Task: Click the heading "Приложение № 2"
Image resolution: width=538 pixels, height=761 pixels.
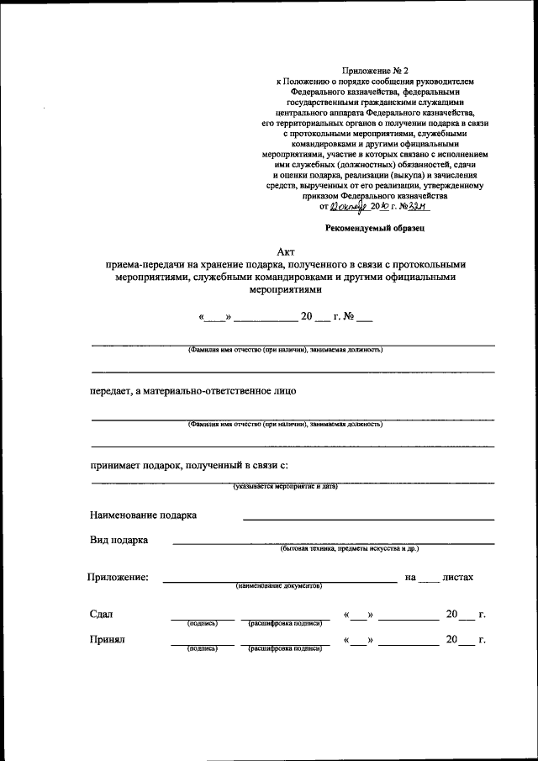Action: pos(375,71)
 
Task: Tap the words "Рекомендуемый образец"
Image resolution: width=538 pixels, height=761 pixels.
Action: pos(376,227)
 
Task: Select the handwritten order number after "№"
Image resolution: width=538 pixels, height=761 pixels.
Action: pos(418,203)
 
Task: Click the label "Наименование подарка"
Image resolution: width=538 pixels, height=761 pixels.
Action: pos(144,515)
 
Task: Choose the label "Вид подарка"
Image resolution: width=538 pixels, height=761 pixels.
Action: pos(119,540)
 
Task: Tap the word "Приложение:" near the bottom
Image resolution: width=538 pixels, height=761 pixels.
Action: pos(118,577)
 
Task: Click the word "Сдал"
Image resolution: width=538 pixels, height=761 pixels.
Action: pos(101,614)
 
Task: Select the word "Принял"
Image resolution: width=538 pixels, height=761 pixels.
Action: pos(107,640)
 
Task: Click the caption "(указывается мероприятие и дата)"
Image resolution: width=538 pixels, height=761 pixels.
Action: pos(285,488)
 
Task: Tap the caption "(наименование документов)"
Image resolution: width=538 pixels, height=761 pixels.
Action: pos(279,585)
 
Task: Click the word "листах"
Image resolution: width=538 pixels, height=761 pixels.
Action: pos(458,577)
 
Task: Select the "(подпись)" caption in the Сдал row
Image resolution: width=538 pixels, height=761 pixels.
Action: pos(203,623)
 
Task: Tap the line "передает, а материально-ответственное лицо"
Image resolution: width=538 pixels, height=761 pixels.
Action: pos(193,391)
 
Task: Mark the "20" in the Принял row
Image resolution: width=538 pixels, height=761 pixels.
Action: pos(452,640)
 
